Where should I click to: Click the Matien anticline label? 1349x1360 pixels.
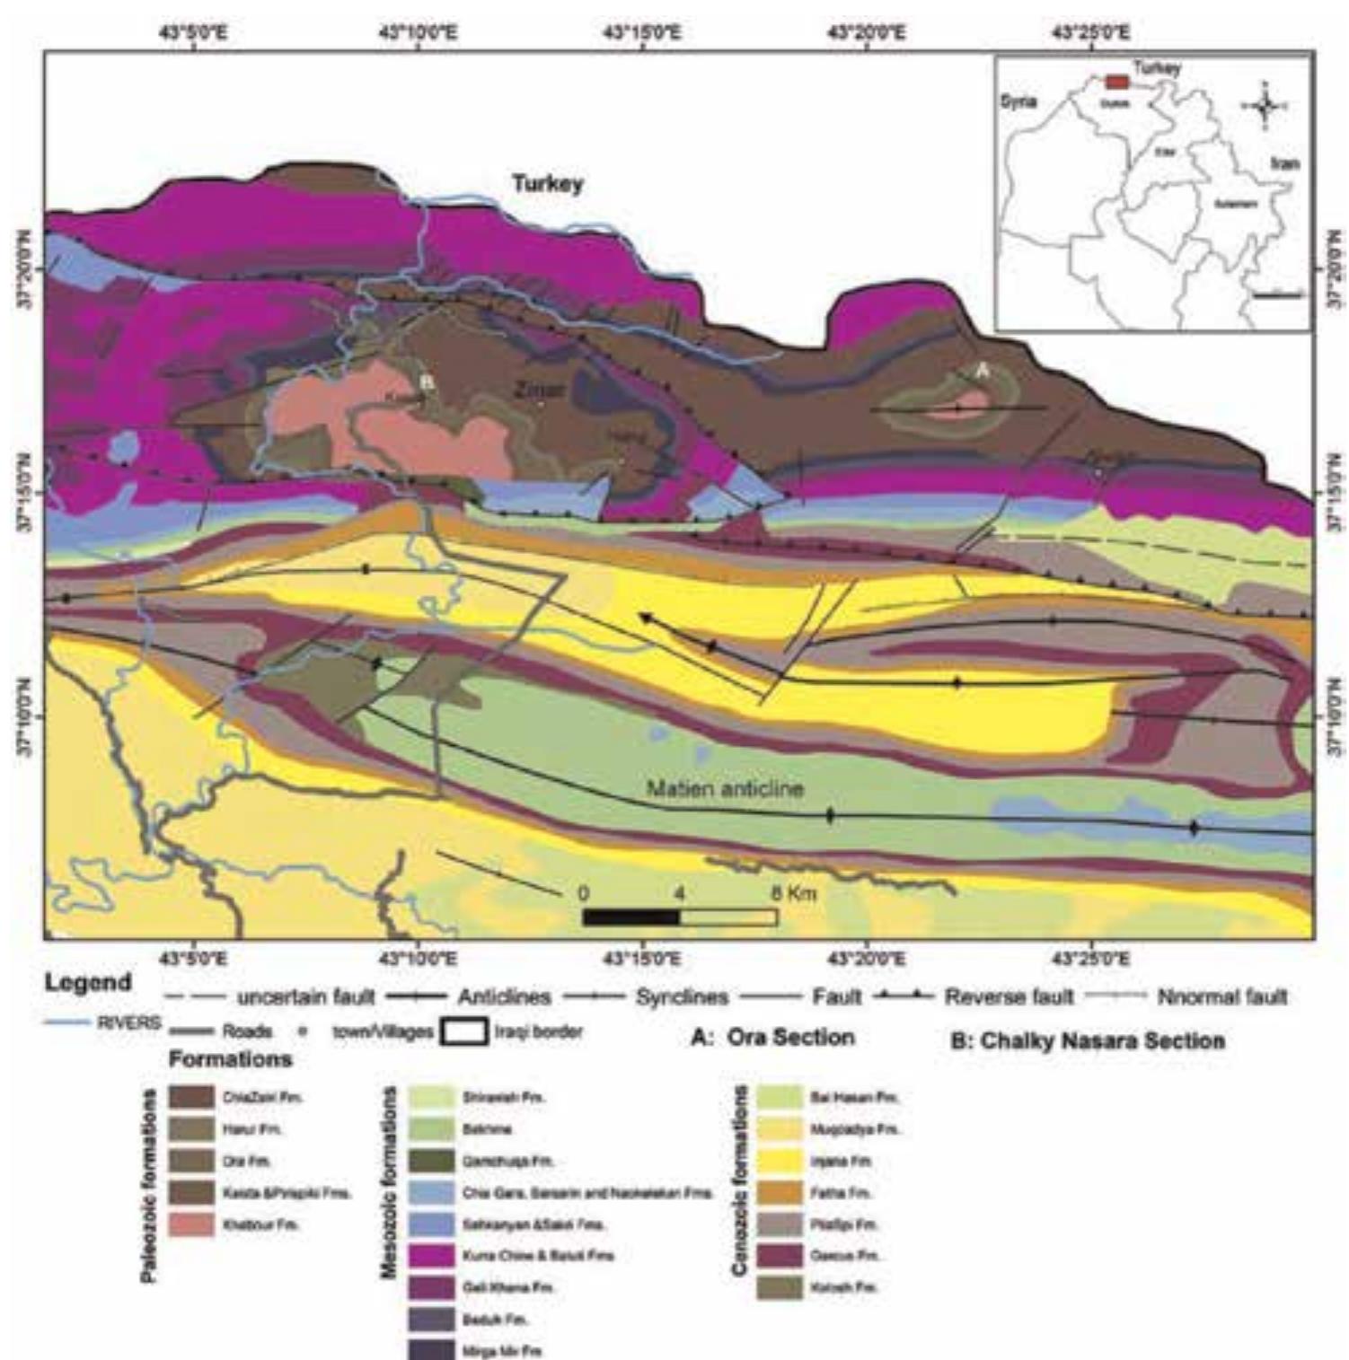[x=725, y=789]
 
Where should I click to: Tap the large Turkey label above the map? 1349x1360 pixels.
[x=547, y=184]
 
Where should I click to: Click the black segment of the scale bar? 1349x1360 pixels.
[x=630, y=917]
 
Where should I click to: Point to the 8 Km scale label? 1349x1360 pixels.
[x=794, y=893]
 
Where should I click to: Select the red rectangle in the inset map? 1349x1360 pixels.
[x=1116, y=82]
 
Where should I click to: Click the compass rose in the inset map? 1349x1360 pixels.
[x=1265, y=106]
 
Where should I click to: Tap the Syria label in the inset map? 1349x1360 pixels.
[x=1018, y=101]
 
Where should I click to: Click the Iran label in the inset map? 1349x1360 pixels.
[x=1283, y=163]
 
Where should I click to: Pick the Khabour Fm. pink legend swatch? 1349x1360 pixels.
[x=192, y=1224]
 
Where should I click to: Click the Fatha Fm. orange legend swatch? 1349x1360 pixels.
[x=779, y=1193]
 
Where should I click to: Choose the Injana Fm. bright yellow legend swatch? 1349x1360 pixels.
[x=779, y=1162]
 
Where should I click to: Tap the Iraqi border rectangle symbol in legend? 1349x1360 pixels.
[x=463, y=1031]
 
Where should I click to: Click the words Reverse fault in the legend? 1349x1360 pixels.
[x=1009, y=996]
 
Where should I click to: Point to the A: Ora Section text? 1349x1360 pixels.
[x=772, y=1038]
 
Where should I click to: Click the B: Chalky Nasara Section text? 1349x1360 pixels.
[x=1087, y=1041]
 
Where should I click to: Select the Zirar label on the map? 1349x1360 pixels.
[x=539, y=390]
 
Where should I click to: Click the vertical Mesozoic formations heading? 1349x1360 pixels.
[x=389, y=1181]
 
